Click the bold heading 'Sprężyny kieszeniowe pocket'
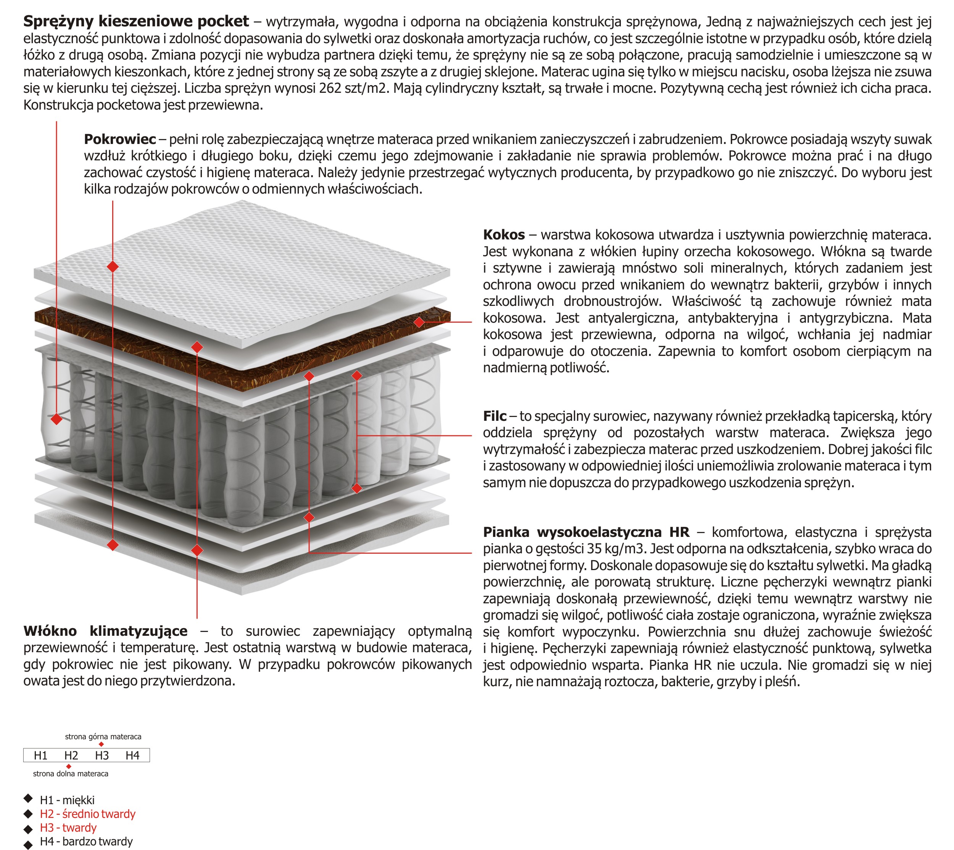[x=136, y=21]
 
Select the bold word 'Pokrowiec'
[x=120, y=139]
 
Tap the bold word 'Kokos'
[x=504, y=235]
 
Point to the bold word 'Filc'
[x=494, y=416]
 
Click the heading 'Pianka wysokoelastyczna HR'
[x=586, y=532]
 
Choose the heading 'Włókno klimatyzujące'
[x=105, y=632]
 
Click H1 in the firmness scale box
[x=40, y=756]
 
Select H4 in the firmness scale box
[x=132, y=756]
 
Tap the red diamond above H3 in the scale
[x=101, y=745]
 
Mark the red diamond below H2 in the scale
[x=69, y=766]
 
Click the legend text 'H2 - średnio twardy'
[x=88, y=814]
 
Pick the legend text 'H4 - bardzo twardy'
[x=86, y=842]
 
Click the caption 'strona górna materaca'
[x=103, y=737]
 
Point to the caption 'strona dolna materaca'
[x=71, y=774]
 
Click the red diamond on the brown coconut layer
[x=419, y=322]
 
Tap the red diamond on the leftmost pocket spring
[x=56, y=419]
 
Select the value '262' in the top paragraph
[x=330, y=88]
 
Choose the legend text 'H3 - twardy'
[x=68, y=828]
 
